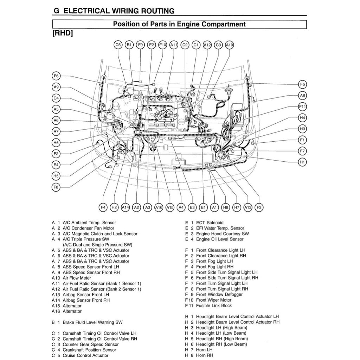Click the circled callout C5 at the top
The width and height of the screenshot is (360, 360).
[118, 45]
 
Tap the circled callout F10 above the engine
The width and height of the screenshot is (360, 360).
[162, 45]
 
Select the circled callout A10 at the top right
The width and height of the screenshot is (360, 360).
[230, 45]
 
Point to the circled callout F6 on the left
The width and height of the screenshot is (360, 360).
[56, 76]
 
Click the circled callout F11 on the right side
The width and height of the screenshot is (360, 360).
[302, 107]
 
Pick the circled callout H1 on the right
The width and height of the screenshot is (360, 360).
[302, 162]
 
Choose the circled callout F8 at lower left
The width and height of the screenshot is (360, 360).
[56, 187]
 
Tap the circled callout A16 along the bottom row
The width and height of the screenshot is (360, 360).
[159, 208]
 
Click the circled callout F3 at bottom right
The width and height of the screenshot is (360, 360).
[259, 208]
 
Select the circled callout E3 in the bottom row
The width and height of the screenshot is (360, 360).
[192, 208]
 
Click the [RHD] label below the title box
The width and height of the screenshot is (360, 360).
[63, 34]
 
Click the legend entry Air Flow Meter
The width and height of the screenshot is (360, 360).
[77, 278]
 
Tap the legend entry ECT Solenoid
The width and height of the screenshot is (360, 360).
[210, 223]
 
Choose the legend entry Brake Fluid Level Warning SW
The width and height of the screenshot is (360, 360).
[93, 322]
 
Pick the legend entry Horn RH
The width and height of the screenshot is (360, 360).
[204, 355]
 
